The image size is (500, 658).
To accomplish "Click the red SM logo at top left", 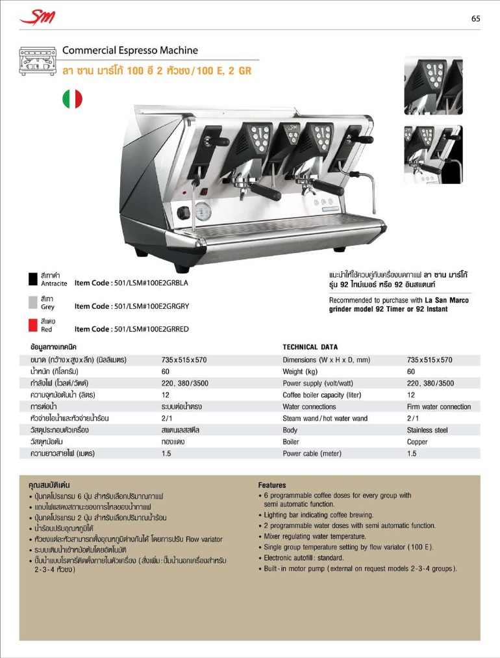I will [37, 18].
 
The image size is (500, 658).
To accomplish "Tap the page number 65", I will [475, 19].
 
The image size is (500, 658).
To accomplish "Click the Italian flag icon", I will [72, 99].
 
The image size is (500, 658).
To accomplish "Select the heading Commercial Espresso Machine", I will [130, 50].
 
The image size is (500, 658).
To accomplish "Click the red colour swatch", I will [34, 324].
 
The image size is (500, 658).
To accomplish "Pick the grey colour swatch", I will [34, 302].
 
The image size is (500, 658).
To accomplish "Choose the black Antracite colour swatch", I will [34, 279].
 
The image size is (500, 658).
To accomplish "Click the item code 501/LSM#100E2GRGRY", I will [131, 306].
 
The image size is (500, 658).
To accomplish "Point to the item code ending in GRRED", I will [131, 329].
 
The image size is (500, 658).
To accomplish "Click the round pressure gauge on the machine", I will [203, 211].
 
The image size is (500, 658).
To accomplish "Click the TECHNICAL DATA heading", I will [310, 347].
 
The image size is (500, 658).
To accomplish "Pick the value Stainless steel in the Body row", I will [427, 430].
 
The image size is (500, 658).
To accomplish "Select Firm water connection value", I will [439, 406].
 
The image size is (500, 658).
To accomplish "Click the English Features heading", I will [271, 485].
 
